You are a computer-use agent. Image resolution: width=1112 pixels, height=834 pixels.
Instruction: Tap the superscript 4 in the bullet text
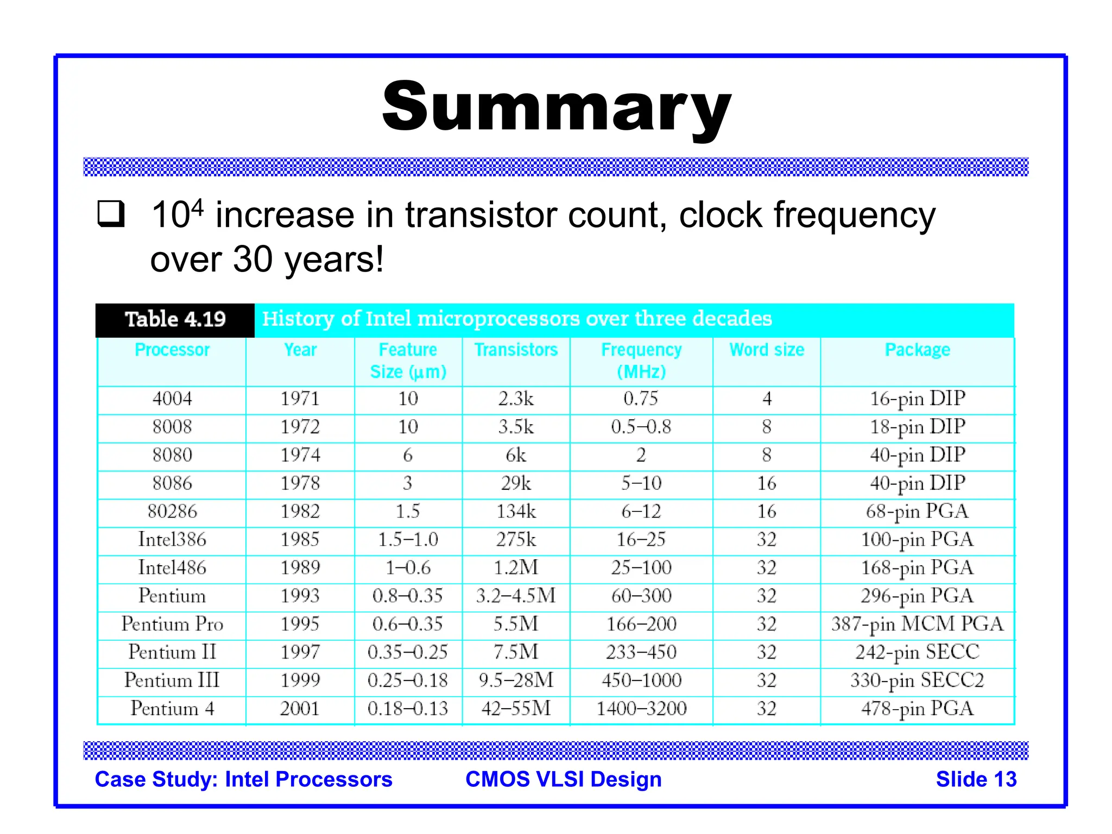tap(198, 207)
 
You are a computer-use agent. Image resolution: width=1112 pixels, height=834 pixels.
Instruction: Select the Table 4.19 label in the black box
tap(175, 319)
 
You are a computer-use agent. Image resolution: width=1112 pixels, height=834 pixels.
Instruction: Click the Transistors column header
tap(516, 350)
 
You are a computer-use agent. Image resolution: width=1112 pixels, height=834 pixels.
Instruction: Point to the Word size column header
tap(766, 350)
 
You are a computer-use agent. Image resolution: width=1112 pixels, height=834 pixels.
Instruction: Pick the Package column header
tap(917, 350)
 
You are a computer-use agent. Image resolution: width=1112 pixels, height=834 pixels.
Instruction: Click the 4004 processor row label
tap(172, 399)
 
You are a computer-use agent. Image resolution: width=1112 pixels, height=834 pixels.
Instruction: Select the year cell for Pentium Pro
tap(300, 624)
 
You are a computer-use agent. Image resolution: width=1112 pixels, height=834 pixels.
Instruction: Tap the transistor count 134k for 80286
tap(516, 511)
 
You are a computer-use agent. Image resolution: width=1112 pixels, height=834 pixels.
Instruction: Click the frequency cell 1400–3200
tap(641, 709)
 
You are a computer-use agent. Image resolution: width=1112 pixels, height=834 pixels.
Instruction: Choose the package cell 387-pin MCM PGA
tap(917, 624)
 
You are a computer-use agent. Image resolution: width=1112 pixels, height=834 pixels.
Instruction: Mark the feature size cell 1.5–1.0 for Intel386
tap(408, 540)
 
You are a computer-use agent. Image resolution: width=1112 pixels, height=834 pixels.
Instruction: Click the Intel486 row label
tap(172, 568)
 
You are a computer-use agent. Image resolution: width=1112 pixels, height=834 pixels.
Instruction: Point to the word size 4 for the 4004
tap(766, 399)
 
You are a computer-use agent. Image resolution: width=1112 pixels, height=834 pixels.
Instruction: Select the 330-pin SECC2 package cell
tap(917, 680)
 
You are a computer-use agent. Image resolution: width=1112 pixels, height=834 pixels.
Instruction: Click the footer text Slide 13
tap(976, 779)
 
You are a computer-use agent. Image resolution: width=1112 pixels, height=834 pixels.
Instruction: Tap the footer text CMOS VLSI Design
tap(563, 779)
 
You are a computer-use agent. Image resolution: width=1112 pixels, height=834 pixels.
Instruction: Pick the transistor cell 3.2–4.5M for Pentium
tap(516, 596)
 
